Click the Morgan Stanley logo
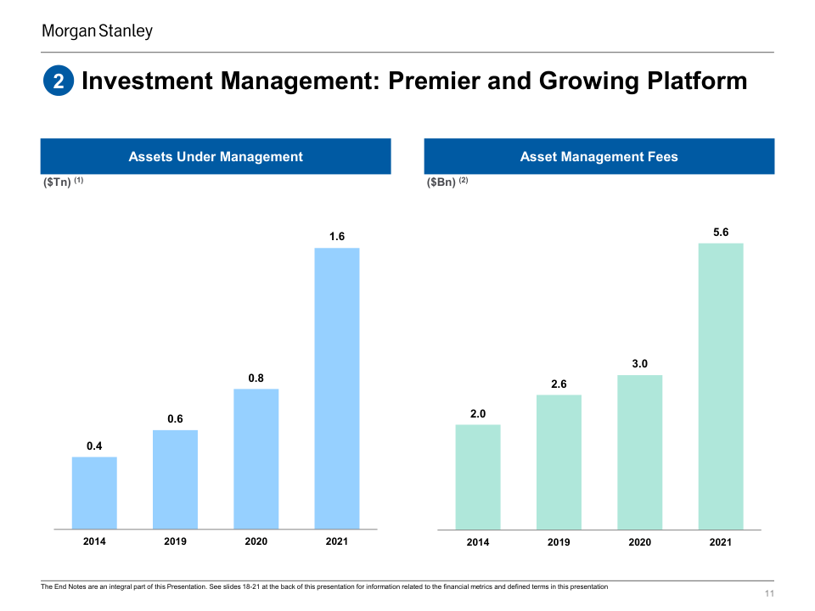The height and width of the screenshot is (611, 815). (x=98, y=31)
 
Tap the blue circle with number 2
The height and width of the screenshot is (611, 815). (x=59, y=81)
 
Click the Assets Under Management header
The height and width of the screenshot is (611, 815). (x=216, y=156)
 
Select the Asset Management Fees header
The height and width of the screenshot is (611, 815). (x=599, y=156)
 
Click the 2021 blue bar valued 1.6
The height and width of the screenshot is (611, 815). (x=337, y=388)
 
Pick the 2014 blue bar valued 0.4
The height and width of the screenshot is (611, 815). (x=94, y=492)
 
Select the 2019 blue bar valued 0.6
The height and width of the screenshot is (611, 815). (x=175, y=479)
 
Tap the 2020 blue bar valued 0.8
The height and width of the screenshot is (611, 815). (x=256, y=458)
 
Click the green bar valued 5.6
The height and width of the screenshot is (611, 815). (x=721, y=386)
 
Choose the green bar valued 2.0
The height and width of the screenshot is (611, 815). (x=478, y=477)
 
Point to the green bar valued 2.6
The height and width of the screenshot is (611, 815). (x=559, y=462)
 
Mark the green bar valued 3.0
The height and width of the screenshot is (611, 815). (x=640, y=452)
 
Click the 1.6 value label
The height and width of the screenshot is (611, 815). (x=337, y=237)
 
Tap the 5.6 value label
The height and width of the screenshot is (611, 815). (x=721, y=232)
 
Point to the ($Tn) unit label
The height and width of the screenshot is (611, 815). (x=57, y=182)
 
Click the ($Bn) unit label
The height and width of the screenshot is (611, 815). (x=441, y=182)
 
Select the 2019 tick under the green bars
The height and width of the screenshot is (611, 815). (x=559, y=542)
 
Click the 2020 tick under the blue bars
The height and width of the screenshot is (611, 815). (x=256, y=541)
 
